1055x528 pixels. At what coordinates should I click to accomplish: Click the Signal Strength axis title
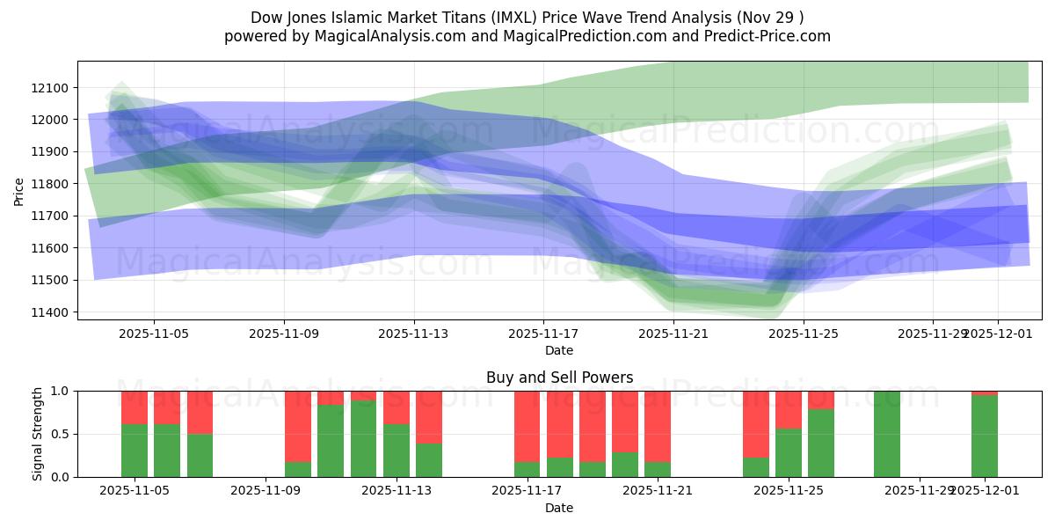37,434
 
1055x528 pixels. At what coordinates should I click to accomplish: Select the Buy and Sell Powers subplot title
559,378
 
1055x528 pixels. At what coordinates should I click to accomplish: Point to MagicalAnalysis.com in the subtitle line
356,36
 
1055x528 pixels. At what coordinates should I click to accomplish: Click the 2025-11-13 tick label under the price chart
414,334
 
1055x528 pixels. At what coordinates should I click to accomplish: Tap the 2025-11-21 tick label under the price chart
673,334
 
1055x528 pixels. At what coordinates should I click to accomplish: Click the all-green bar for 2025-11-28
887,434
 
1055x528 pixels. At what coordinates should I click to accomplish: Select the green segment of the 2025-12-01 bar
985,436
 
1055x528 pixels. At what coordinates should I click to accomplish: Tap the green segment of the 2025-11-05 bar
135,451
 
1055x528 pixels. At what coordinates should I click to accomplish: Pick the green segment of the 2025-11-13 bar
397,451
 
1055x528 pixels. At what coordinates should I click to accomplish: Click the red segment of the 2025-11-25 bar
789,409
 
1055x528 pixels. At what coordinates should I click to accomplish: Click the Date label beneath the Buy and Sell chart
559,508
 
